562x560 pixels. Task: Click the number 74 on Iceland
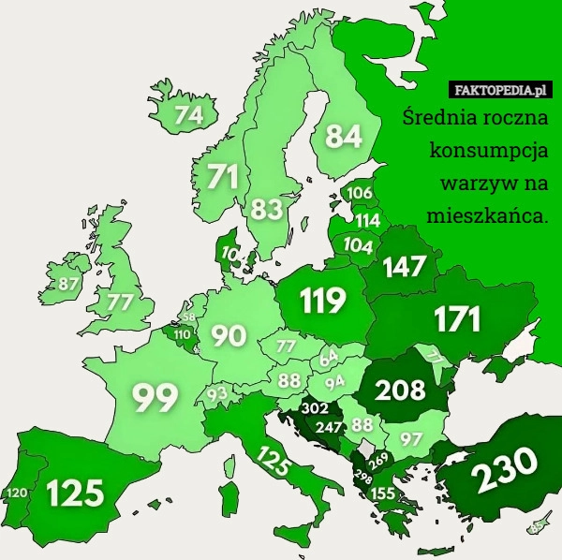tap(188, 115)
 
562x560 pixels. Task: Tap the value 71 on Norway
tap(222, 176)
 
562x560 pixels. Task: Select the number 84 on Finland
tap(344, 137)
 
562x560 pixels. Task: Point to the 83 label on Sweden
tap(267, 208)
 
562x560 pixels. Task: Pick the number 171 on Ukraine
tap(456, 319)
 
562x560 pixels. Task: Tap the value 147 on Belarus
tap(404, 267)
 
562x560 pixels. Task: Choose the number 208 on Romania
tap(401, 390)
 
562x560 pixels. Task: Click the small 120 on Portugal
tap(16, 493)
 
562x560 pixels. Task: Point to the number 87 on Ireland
tap(68, 283)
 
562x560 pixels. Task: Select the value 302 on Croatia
tap(314, 408)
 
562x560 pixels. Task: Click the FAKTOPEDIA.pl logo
tap(501, 91)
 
